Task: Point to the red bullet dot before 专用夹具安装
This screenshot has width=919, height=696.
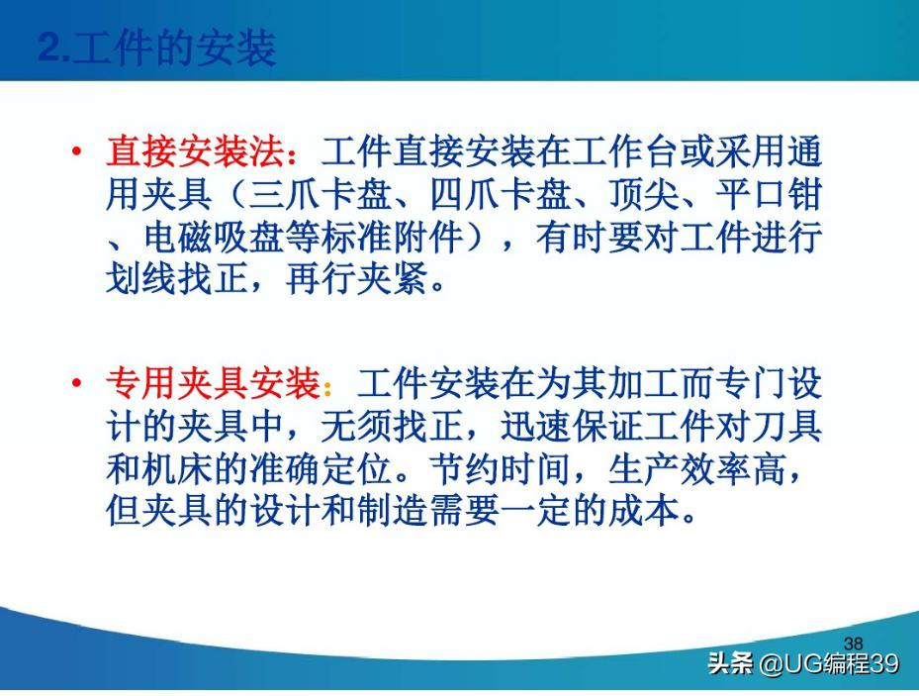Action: tap(77, 384)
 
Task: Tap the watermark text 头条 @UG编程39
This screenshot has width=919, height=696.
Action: tap(803, 663)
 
